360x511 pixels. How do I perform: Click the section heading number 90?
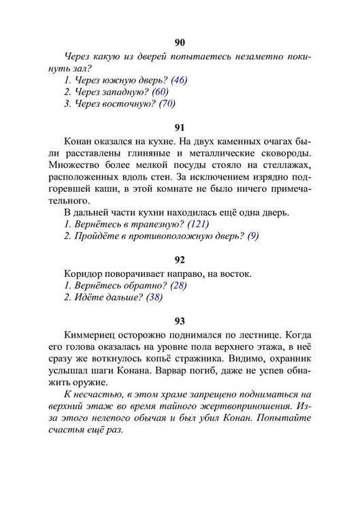180,42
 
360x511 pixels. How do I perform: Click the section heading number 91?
180,127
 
